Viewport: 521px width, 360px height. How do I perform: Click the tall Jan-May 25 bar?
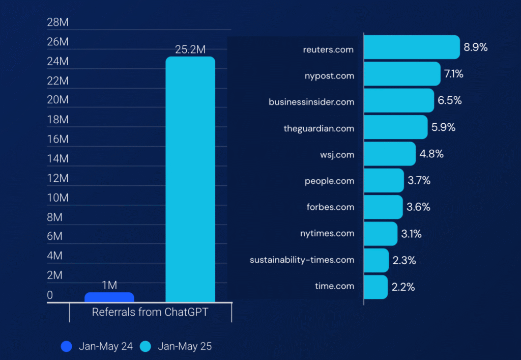click(x=190, y=178)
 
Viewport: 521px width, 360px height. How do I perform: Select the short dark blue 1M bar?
click(x=109, y=297)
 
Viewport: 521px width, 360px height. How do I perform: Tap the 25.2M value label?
click(x=190, y=49)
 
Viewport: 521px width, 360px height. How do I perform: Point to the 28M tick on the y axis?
click(x=57, y=22)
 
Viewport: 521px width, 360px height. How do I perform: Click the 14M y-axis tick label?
click(x=57, y=159)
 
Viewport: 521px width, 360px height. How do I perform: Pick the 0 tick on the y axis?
click(x=50, y=295)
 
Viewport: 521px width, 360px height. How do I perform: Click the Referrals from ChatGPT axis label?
click(x=150, y=312)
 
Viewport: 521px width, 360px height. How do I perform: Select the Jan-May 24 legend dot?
click(x=67, y=346)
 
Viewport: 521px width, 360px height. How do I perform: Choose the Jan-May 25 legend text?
click(x=185, y=346)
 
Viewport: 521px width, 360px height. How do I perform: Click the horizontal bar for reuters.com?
click(x=412, y=47)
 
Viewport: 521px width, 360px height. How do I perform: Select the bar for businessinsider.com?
click(x=399, y=101)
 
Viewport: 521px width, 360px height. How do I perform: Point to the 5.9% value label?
click(x=443, y=127)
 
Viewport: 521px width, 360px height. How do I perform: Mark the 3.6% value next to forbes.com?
click(x=418, y=207)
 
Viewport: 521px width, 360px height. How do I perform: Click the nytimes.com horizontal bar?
click(x=381, y=234)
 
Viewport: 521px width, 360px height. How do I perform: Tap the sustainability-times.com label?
click(x=302, y=260)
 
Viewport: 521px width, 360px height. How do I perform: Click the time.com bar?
click(x=376, y=287)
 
